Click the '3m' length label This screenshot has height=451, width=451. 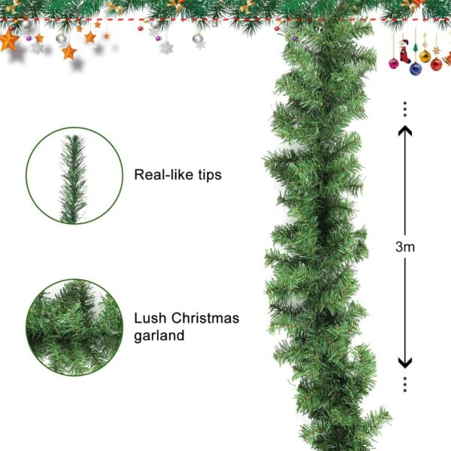(405, 247)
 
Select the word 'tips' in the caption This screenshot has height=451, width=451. (210, 175)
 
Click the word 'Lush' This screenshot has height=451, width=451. (150, 318)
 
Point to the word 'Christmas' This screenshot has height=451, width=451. (205, 318)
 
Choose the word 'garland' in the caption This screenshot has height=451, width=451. (159, 336)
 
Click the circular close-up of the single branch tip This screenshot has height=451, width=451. (74, 175)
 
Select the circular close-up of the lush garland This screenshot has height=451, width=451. (74, 327)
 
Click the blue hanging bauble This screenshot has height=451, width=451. (416, 68)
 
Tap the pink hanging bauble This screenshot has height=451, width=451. (393, 63)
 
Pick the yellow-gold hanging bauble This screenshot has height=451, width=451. (425, 56)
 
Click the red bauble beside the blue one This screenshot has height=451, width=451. (436, 65)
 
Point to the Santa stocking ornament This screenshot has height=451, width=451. (404, 52)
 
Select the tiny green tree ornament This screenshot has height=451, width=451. (415, 47)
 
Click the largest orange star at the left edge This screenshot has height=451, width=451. (9, 41)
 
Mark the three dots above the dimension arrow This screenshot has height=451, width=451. (405, 109)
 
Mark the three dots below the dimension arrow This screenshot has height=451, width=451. (405, 384)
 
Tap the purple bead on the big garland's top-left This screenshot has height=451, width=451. (294, 38)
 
